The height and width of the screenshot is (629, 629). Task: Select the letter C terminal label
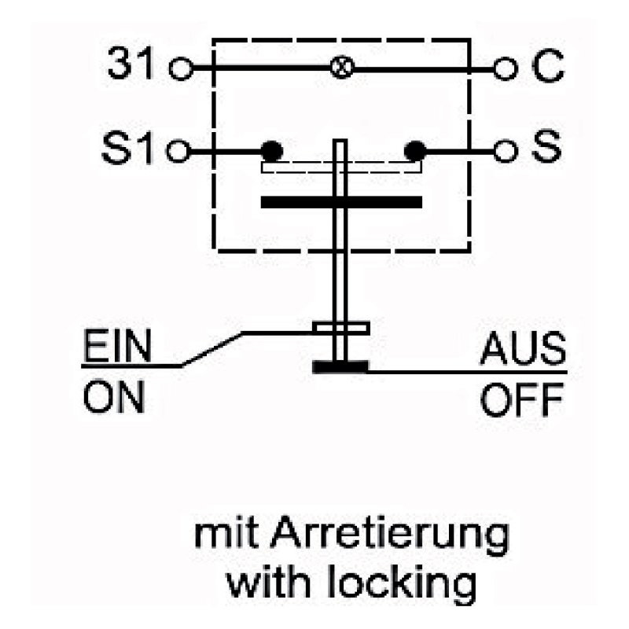tap(548, 65)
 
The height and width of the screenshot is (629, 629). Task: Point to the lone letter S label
tap(546, 146)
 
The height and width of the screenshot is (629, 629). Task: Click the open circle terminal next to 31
tap(181, 68)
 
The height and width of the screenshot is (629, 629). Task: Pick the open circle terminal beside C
tap(505, 68)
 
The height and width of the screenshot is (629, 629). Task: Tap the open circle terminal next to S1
tap(178, 151)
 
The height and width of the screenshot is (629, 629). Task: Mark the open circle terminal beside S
tap(506, 151)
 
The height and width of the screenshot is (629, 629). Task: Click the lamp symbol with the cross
tap(342, 66)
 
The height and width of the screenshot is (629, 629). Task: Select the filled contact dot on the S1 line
tap(271, 151)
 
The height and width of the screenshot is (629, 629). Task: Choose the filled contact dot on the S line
tap(415, 151)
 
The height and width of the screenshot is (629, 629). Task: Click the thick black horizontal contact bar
tap(341, 202)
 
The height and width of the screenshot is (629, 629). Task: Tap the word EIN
tap(117, 346)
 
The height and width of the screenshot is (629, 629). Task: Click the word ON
tap(114, 397)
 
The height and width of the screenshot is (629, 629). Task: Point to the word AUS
tap(523, 348)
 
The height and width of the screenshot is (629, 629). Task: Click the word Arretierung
tap(389, 537)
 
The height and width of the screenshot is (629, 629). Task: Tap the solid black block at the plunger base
tap(340, 367)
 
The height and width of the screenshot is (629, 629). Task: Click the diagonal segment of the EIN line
tap(212, 349)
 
